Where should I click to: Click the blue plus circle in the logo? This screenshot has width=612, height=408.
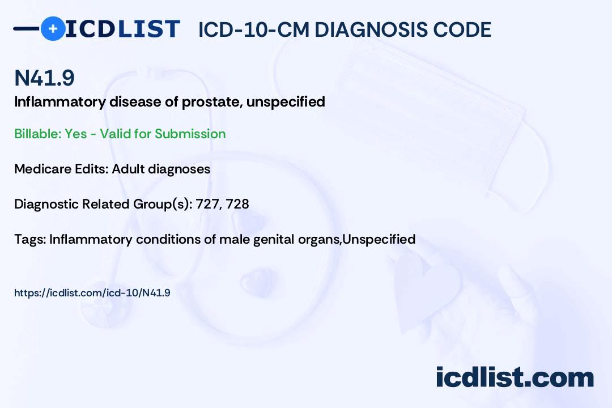click(53, 28)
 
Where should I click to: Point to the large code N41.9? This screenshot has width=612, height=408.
click(44, 78)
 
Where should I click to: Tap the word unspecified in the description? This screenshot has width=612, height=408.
click(286, 103)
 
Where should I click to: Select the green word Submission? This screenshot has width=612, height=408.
click(190, 134)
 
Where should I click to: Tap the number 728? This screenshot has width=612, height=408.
click(237, 204)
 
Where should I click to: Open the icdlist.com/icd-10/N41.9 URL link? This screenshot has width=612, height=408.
click(92, 293)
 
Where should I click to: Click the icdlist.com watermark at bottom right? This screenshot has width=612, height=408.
click(515, 377)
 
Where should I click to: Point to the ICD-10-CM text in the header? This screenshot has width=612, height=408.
click(254, 29)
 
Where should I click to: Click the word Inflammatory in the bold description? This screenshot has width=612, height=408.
click(59, 103)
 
